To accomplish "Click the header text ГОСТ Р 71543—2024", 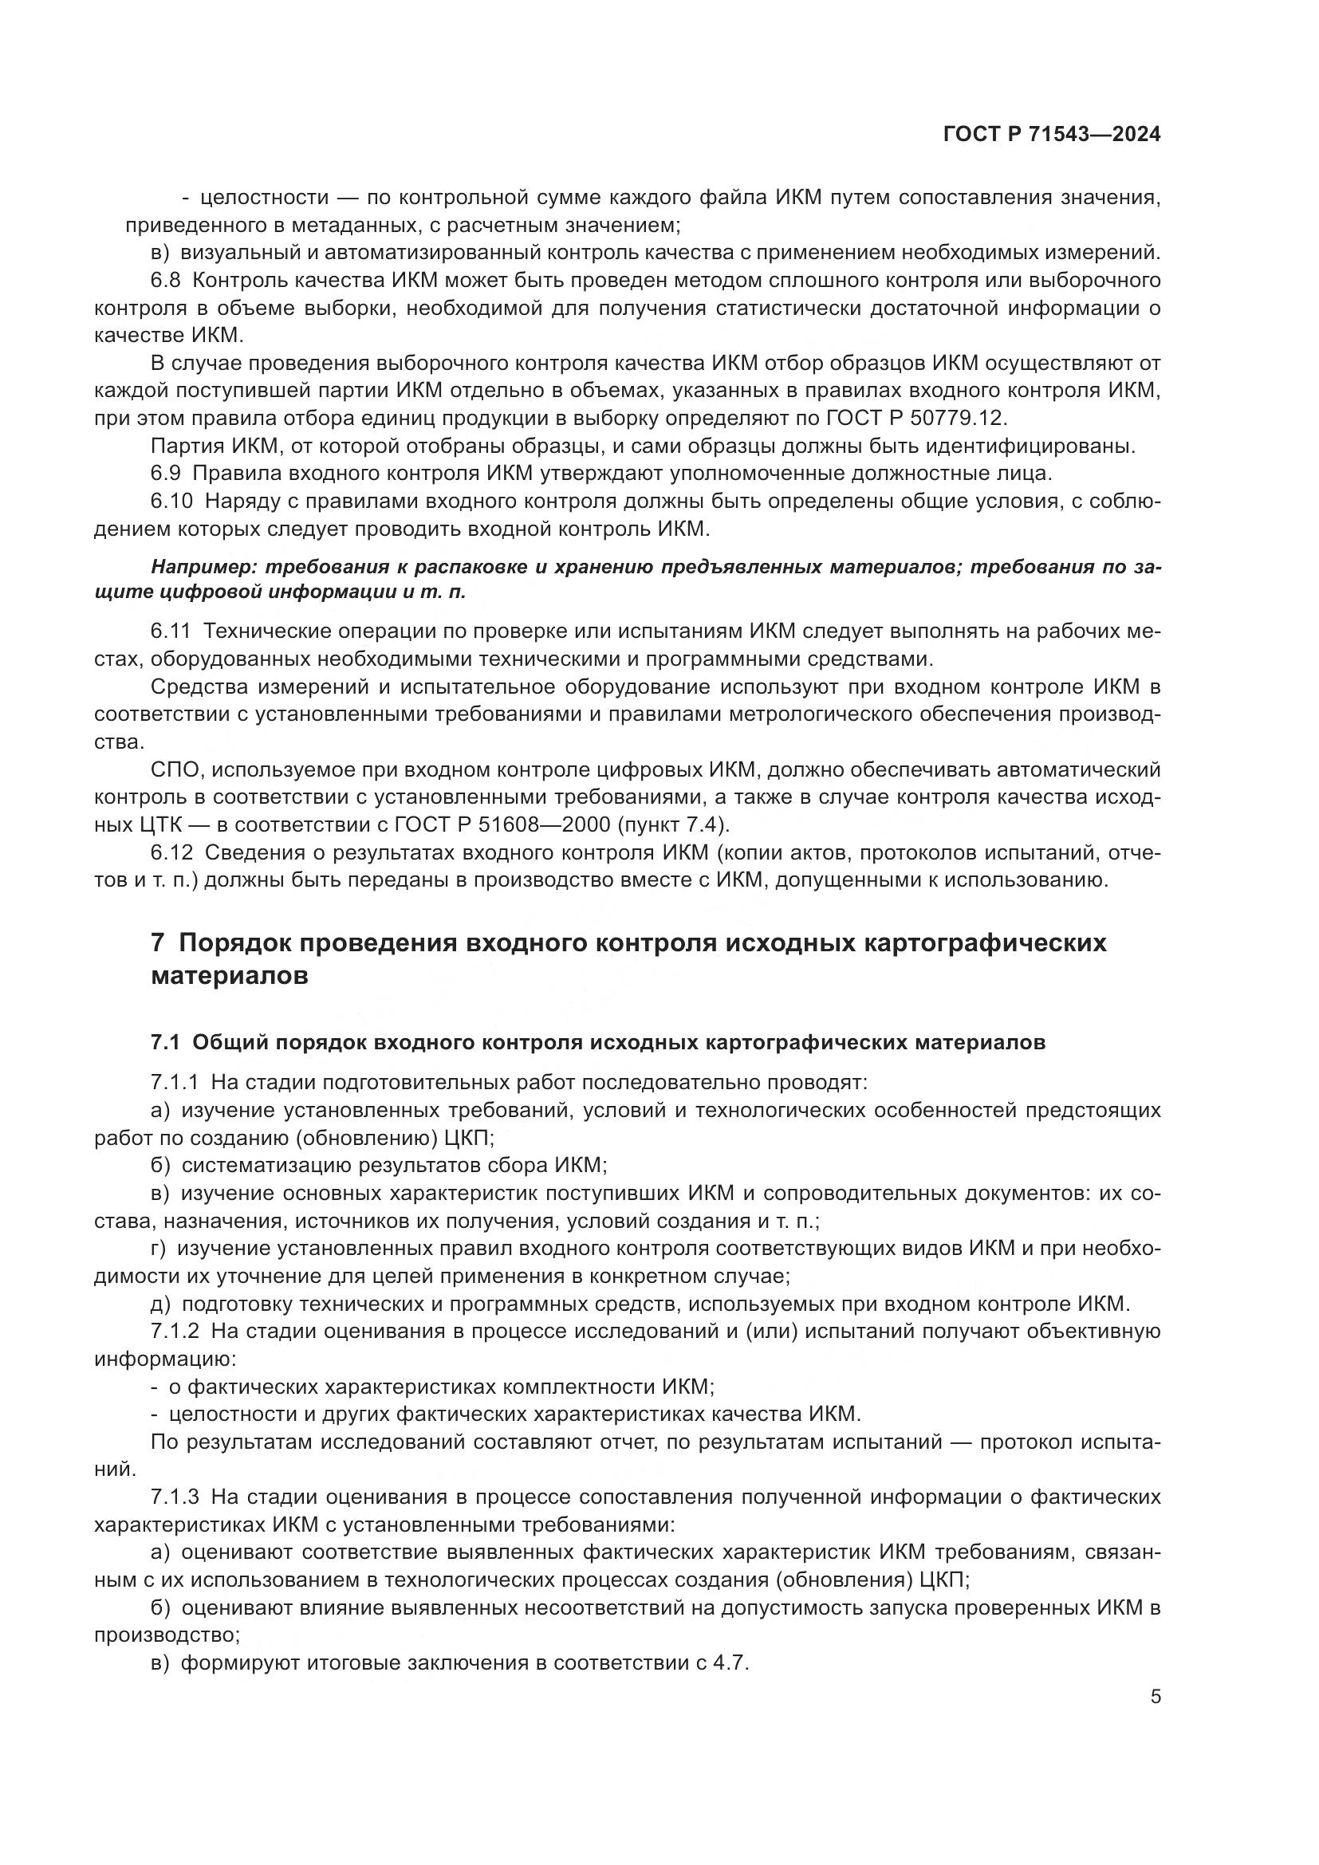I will point(1051,135).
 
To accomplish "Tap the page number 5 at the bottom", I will point(1155,1697).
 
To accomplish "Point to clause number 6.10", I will point(171,502).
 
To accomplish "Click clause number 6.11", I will point(171,632).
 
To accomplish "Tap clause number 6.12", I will point(171,852).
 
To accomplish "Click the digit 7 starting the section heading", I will point(159,943).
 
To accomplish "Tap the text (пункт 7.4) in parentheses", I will point(673,824).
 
